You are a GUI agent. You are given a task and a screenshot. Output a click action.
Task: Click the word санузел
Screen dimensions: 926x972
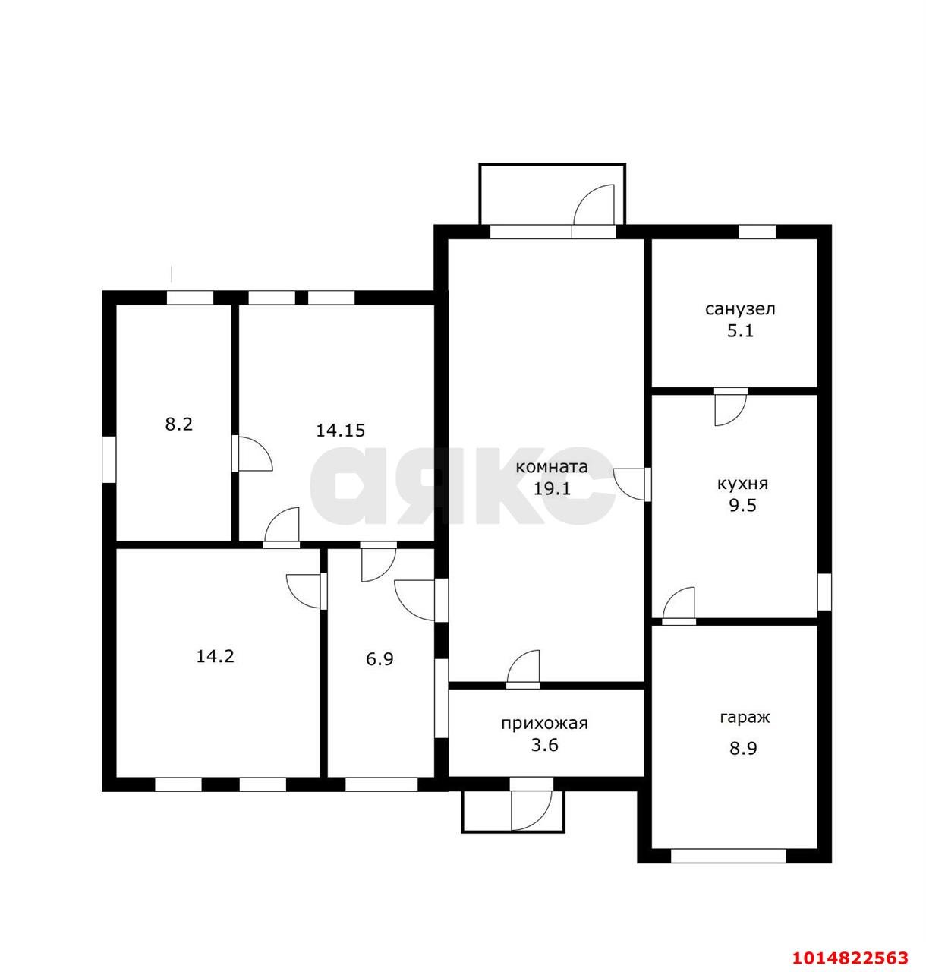click(740, 310)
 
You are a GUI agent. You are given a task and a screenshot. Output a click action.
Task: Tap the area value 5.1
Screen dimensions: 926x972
click(740, 331)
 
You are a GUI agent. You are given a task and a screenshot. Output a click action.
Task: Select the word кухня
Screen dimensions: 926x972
click(742, 484)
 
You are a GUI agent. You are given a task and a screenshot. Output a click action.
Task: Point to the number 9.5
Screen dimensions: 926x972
click(742, 506)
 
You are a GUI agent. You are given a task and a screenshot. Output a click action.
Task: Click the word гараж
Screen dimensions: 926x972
click(745, 718)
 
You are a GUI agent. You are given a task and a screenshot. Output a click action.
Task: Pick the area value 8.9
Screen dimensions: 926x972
click(743, 749)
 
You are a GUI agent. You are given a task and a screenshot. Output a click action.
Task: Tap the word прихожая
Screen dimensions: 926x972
click(544, 724)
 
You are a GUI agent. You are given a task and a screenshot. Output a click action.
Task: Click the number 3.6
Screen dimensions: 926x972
click(544, 745)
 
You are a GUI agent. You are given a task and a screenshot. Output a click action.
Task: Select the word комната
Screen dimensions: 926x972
click(552, 467)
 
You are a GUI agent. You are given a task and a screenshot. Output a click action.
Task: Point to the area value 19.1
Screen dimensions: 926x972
click(552, 489)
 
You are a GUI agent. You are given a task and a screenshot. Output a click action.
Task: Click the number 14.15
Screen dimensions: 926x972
click(341, 431)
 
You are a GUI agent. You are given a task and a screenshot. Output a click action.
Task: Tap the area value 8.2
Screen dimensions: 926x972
click(179, 424)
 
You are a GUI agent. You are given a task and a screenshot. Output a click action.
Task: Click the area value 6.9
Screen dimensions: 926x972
click(380, 659)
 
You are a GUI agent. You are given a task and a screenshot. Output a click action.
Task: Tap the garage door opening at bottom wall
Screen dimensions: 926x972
click(729, 856)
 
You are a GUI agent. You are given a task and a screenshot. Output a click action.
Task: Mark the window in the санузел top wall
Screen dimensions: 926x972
click(757, 232)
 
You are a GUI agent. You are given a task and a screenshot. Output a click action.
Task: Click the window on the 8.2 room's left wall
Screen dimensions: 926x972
click(109, 459)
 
